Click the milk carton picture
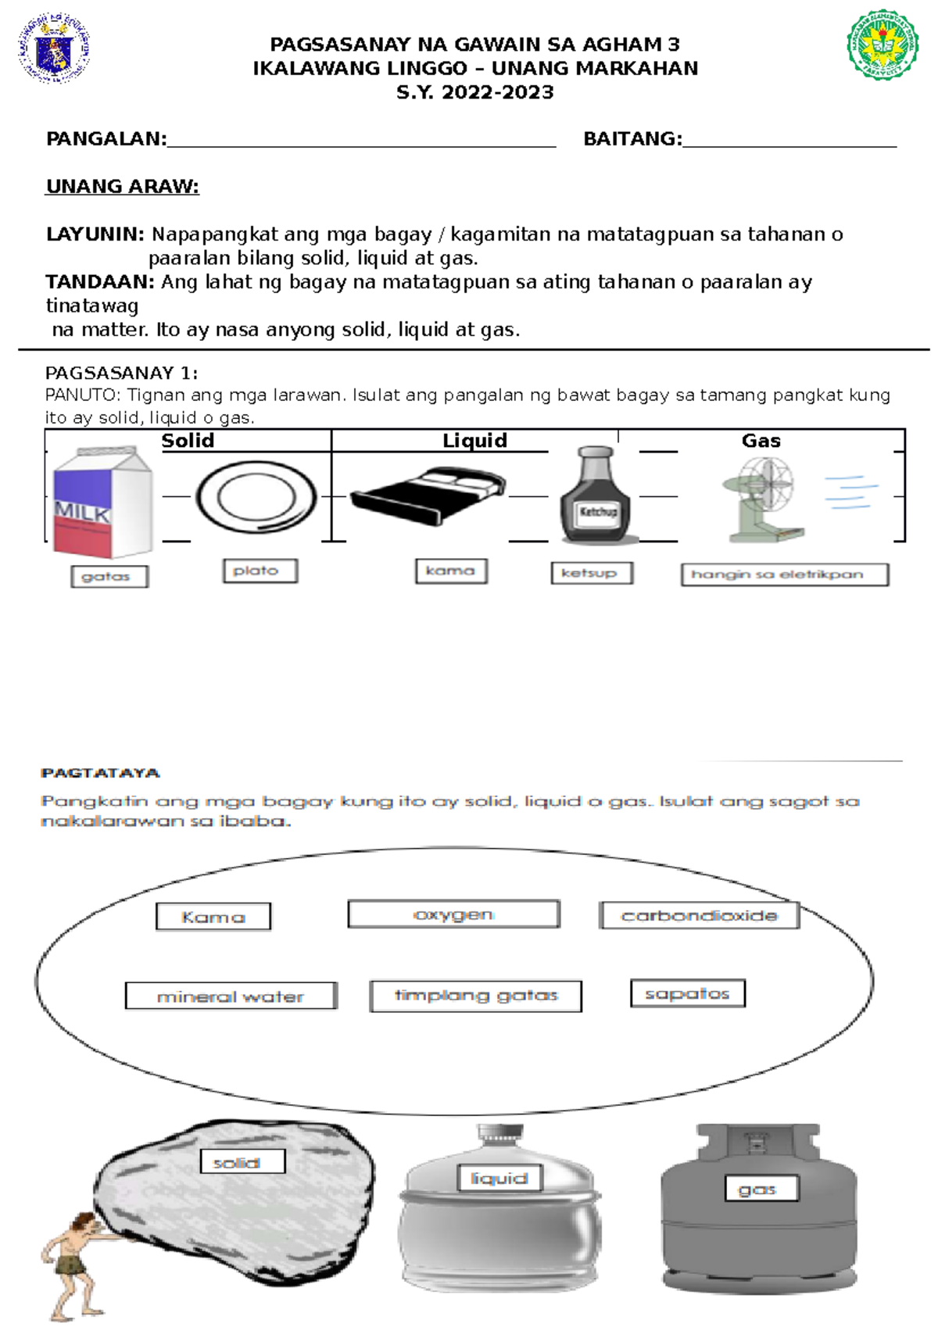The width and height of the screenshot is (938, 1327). [102, 501]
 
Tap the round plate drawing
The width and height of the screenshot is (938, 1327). [256, 497]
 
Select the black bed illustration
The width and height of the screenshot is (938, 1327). [428, 495]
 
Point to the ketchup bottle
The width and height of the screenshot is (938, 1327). [598, 495]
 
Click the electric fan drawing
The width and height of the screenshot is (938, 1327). [763, 498]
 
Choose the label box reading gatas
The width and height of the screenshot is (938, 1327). [109, 577]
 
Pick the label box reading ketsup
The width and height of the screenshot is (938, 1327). [591, 573]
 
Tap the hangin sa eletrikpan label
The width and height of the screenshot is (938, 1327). [784, 574]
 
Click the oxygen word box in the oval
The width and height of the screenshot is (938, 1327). [453, 914]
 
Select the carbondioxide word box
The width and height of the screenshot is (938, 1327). [699, 915]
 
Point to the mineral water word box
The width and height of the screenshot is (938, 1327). [231, 996]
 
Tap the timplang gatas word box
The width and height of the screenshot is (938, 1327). [475, 996]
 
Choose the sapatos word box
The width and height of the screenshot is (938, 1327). [687, 993]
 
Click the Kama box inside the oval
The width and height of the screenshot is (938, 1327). [213, 917]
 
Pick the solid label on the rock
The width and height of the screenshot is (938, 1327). [242, 1162]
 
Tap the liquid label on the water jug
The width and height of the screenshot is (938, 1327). [499, 1178]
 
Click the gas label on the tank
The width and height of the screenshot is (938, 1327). [757, 1189]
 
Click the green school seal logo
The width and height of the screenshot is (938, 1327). [883, 45]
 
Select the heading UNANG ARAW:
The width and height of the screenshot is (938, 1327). [123, 187]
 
